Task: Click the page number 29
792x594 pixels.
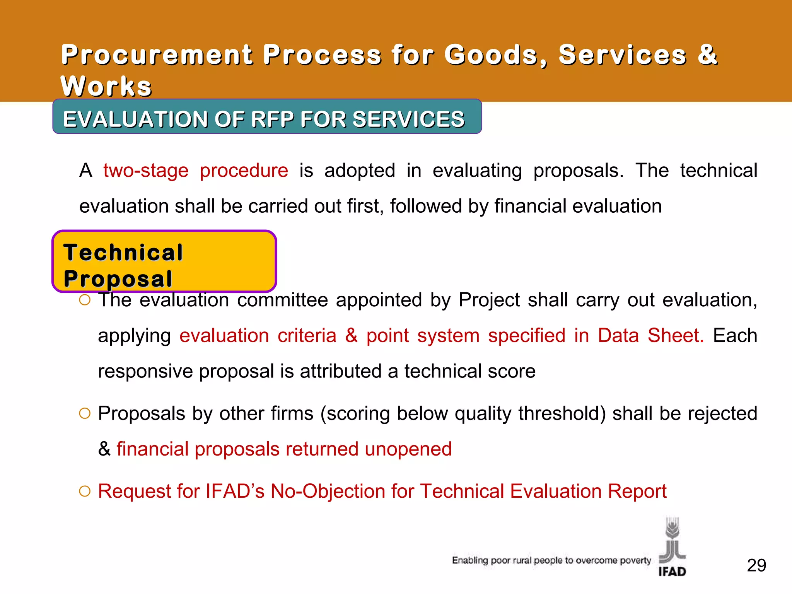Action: [x=756, y=565]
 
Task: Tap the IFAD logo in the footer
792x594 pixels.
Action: [x=672, y=547]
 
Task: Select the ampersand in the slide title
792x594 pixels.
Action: [x=707, y=55]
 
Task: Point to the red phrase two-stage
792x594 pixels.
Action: [x=146, y=171]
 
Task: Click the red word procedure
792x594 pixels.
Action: [x=244, y=171]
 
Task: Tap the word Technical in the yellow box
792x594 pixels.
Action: [x=123, y=253]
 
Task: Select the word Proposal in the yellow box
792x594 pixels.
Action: [x=118, y=279]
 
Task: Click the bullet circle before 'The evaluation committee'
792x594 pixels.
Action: [x=85, y=300]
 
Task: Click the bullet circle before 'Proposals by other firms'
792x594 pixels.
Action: [x=85, y=413]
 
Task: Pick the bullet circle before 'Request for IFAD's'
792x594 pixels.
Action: [x=85, y=491]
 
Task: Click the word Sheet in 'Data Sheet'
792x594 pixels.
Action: [x=676, y=335]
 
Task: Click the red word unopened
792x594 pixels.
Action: [x=408, y=449]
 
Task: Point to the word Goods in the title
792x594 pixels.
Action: [x=495, y=55]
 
